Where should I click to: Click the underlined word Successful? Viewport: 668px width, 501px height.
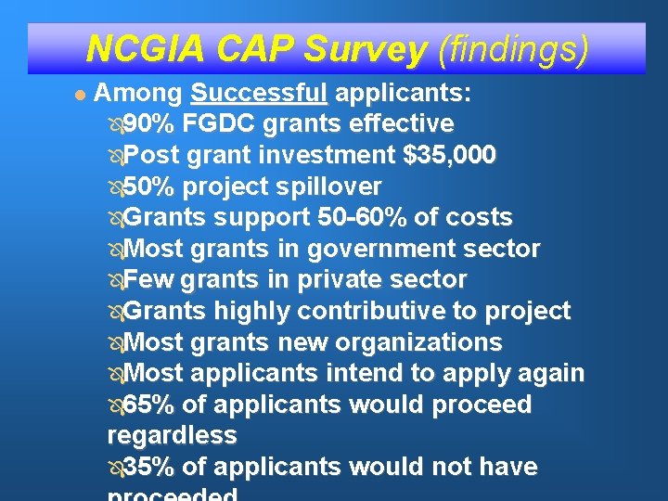click(x=259, y=94)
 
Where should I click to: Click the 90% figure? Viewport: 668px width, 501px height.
click(x=148, y=124)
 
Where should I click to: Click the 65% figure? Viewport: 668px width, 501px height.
click(x=148, y=405)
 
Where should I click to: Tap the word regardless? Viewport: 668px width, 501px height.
click(x=173, y=435)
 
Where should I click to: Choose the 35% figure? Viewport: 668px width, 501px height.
click(x=148, y=467)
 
